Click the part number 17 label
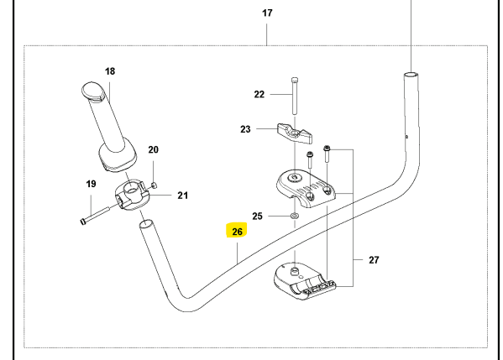point(267,14)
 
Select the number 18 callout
point(109,71)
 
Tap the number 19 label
point(91,184)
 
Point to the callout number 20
point(154,150)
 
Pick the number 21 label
point(183,196)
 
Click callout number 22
point(259,95)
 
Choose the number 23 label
point(245,129)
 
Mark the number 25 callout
point(258,216)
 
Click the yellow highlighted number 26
point(237,231)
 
